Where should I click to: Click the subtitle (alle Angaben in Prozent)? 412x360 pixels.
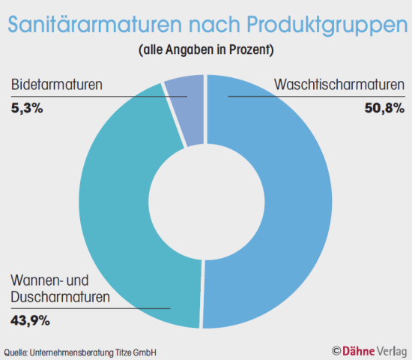pos(205,51)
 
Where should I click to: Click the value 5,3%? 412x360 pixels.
pos(27,108)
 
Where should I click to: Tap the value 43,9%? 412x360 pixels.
pos(31,321)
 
